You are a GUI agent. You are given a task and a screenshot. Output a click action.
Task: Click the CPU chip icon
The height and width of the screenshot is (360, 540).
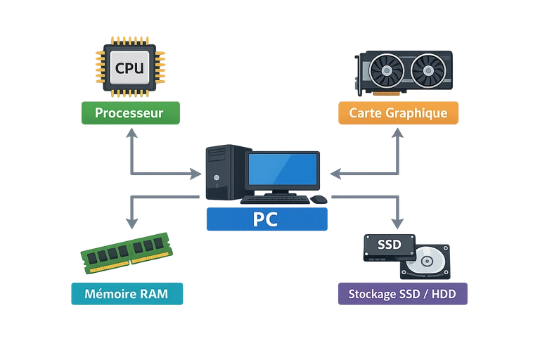129,68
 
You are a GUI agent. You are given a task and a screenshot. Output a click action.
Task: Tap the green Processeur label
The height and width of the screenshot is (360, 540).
129,113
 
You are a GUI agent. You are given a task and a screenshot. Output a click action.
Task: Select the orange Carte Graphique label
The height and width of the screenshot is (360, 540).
398,113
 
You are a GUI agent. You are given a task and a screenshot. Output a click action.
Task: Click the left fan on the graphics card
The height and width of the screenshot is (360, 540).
386,71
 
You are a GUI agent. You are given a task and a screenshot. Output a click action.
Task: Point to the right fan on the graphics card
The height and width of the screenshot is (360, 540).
427,71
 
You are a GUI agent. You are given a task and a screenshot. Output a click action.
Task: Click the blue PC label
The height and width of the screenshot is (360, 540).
265,219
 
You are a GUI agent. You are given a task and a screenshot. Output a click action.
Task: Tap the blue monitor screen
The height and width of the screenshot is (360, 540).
282,169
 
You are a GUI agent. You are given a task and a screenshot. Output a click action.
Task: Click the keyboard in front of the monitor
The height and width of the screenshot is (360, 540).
275,200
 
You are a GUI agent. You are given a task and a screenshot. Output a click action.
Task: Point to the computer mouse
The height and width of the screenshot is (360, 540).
320,200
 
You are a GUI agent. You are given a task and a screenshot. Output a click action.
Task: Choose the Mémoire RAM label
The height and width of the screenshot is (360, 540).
127,294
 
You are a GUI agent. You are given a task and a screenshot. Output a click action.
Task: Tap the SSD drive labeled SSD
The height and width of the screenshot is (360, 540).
388,246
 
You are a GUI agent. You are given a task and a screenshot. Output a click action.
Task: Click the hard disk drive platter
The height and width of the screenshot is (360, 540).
426,262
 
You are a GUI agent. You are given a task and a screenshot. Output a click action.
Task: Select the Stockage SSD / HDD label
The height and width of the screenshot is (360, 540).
401,294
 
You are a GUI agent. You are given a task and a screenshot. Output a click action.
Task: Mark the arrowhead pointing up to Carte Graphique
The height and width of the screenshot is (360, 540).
398,135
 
